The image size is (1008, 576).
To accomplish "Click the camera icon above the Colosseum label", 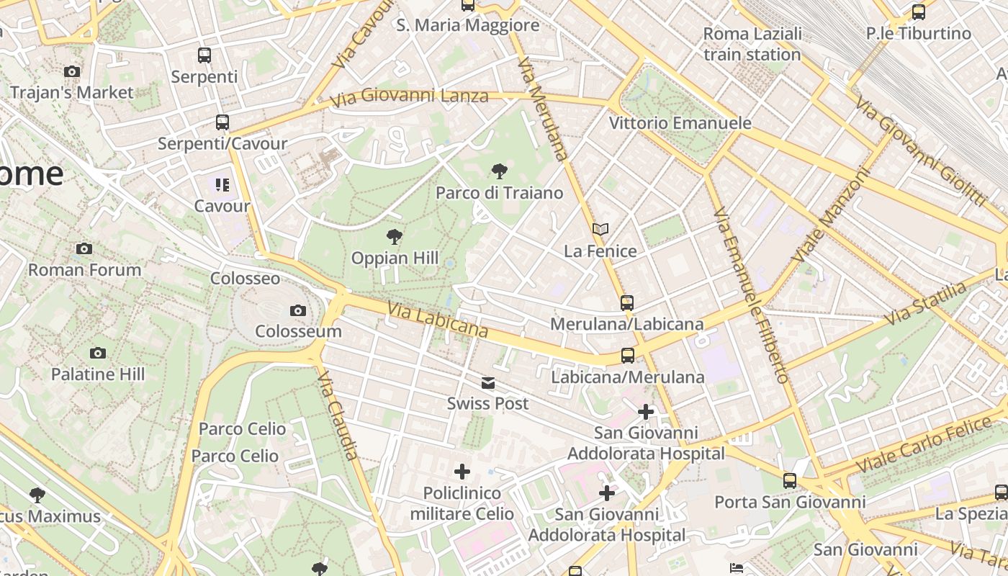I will (297, 311).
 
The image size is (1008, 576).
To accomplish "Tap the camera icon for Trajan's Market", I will (72, 71).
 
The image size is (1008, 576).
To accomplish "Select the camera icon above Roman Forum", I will (84, 249).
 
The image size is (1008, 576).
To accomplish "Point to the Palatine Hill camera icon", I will (98, 353).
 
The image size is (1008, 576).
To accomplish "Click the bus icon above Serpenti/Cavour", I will (222, 122).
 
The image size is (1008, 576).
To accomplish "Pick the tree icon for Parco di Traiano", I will (499, 171).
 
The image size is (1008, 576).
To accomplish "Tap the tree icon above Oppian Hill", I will (394, 236).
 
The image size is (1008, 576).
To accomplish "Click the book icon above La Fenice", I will (600, 230).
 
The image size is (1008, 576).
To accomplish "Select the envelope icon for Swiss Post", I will (488, 382).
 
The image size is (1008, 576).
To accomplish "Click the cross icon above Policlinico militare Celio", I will (462, 472).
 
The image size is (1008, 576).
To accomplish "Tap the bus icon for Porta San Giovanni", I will (790, 480).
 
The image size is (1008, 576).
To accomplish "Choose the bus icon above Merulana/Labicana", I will (627, 303).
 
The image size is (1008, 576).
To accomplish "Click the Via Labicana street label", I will (438, 320).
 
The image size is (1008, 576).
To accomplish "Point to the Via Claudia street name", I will (338, 415).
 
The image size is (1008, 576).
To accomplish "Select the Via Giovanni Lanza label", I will (409, 96).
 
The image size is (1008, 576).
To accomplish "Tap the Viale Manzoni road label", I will (831, 215).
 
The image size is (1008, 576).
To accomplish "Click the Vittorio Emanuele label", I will (680, 123).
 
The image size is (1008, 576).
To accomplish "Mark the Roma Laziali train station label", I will (752, 44).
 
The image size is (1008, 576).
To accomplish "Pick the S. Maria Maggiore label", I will (468, 25).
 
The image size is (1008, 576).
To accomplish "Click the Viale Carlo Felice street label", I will (934, 444).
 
